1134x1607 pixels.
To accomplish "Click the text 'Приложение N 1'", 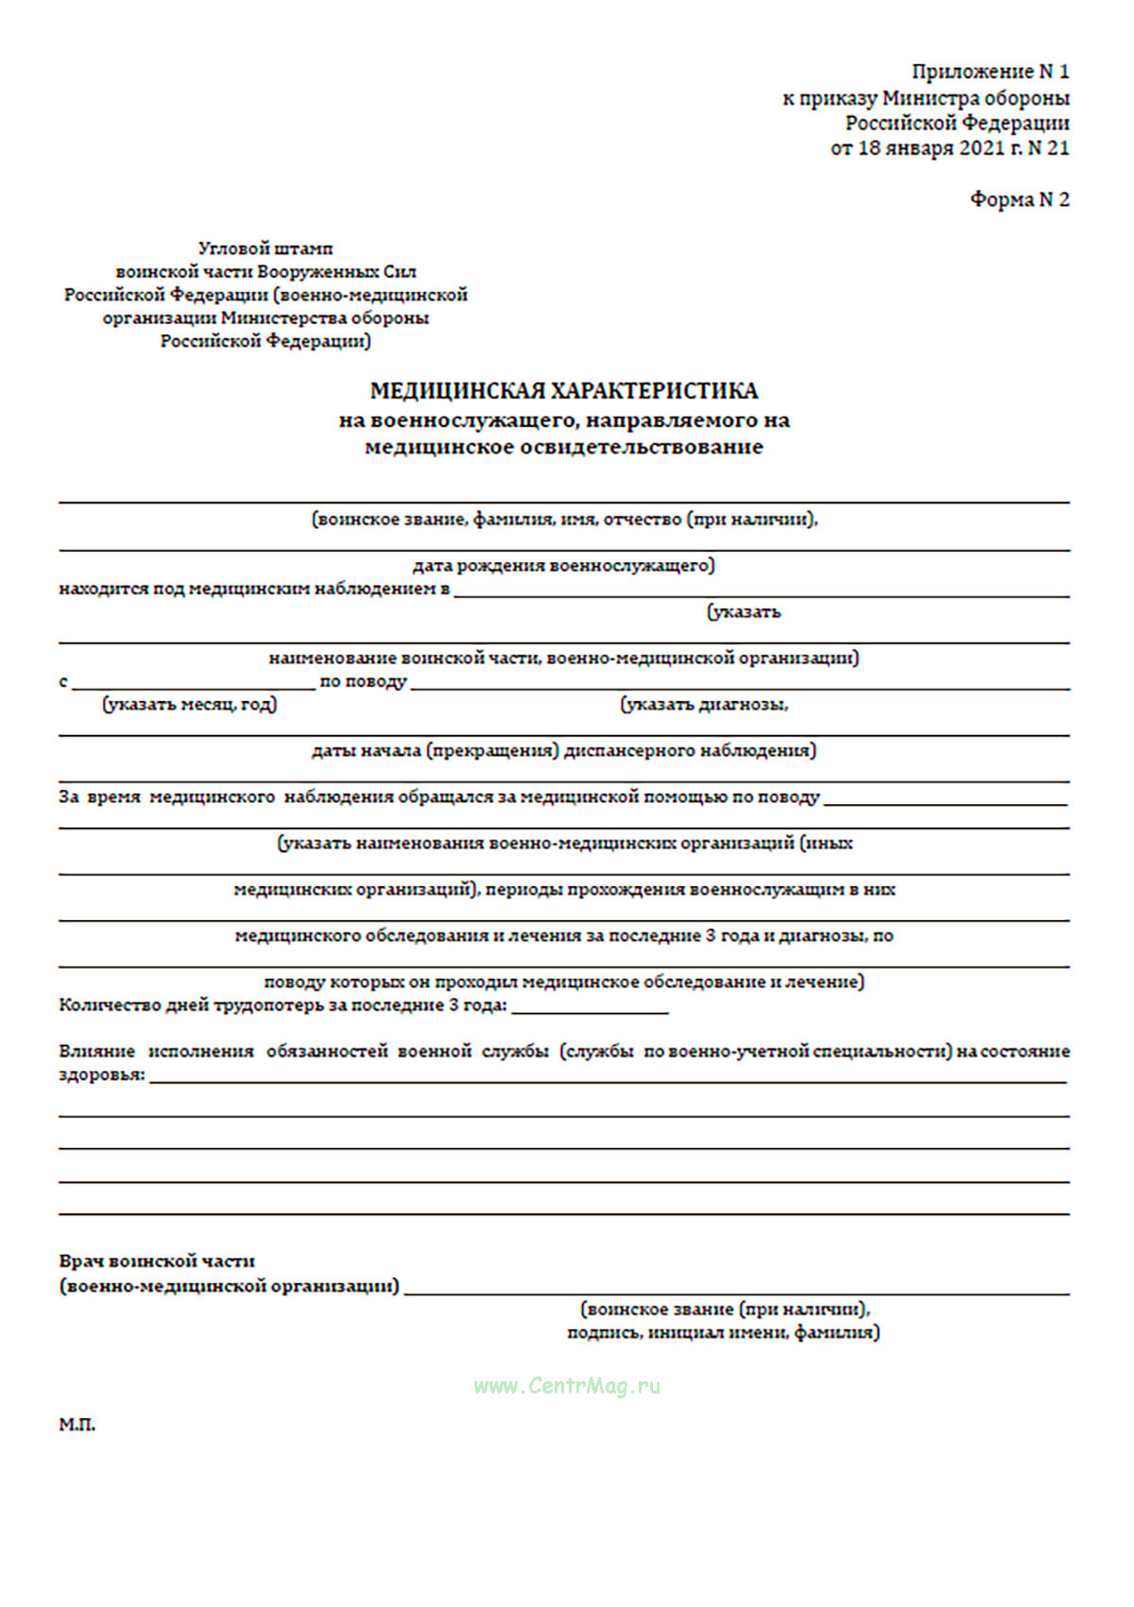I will pos(989,72).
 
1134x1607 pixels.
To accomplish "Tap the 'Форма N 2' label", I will pos(1019,199).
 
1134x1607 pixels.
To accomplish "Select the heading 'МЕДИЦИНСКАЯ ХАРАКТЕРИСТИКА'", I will pos(563,391).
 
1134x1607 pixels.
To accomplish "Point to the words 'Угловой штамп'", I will pos(266,248).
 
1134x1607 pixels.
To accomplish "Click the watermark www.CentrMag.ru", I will pos(567,1386).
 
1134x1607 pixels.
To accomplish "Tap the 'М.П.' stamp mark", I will pos(77,1425).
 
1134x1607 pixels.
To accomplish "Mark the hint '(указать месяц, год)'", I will pos(190,704).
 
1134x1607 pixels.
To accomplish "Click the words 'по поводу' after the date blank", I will pos(363,681).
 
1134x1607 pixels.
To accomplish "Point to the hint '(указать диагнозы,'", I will pos(704,704).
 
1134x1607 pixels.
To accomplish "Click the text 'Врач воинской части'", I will pos(157,1261).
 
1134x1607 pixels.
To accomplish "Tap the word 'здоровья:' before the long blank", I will pos(102,1075).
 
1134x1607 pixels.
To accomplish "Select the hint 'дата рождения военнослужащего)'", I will pos(563,566).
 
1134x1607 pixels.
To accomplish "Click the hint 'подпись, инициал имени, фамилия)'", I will pos(723,1333).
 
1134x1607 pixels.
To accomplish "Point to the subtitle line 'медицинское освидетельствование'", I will pos(563,447).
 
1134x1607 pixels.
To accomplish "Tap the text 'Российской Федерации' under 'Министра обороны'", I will pos(956,123).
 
